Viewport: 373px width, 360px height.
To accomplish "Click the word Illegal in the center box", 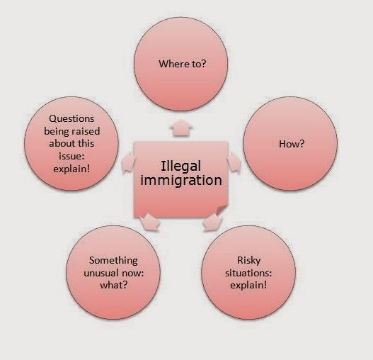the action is [x=180, y=167].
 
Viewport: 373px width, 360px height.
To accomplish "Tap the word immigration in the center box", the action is [x=181, y=181].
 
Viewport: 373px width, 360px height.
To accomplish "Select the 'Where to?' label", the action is [x=182, y=64].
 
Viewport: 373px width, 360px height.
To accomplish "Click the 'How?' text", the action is [x=292, y=144].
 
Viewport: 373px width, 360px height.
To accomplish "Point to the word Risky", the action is [x=249, y=260].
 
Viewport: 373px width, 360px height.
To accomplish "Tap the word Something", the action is [x=113, y=260].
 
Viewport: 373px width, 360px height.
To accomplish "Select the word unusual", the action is [x=102, y=273].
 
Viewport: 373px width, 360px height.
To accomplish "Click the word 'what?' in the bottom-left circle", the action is [x=114, y=285].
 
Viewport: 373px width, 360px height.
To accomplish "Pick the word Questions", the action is [x=71, y=118].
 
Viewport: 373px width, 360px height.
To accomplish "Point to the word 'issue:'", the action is [x=71, y=157].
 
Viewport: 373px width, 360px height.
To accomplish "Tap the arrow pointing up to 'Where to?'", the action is [x=181, y=128].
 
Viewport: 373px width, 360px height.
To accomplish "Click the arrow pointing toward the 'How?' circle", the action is [x=234, y=162].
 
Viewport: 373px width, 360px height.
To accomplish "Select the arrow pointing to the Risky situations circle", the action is [x=212, y=222].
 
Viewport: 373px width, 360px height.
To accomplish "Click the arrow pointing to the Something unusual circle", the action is [x=149, y=222].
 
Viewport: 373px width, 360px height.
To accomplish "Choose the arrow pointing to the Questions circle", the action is [x=128, y=162].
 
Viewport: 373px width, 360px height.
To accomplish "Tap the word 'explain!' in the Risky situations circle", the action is [x=248, y=285].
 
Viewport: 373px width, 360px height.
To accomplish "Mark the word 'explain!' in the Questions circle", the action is [x=71, y=169].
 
